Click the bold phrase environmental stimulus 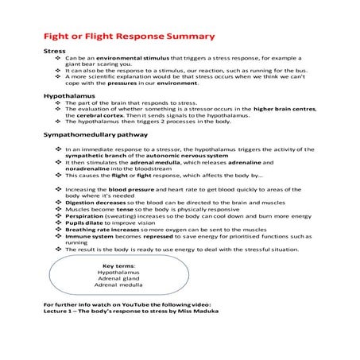(118, 59)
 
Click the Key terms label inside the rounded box (118, 265)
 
